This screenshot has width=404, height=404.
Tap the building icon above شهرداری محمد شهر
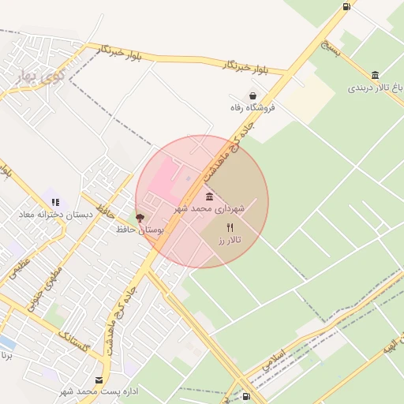pyautogui.click(x=209, y=196)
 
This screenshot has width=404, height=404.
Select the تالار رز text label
pyautogui.click(x=230, y=239)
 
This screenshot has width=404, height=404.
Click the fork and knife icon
pyautogui.click(x=230, y=227)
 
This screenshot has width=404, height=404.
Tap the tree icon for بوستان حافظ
pyautogui.click(x=140, y=217)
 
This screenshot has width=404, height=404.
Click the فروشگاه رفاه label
pyautogui.click(x=252, y=108)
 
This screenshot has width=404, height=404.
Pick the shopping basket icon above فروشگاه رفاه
pyautogui.click(x=252, y=95)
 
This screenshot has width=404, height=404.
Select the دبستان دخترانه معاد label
pyautogui.click(x=56, y=215)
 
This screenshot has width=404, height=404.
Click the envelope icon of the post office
pyautogui.click(x=98, y=380)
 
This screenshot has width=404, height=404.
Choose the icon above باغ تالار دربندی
pyautogui.click(x=374, y=75)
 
